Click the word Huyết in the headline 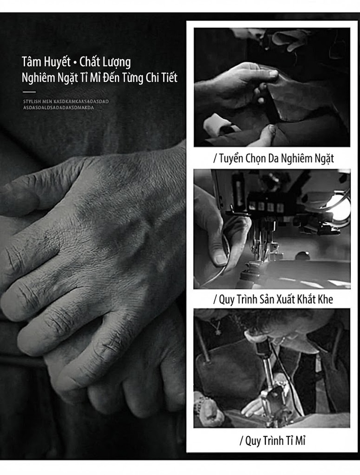pos(58,62)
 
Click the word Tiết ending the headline pos(170,77)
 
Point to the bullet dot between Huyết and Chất pos(75,63)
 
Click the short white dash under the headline pos(29,92)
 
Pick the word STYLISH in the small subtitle pos(32,102)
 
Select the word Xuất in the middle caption pos(286,299)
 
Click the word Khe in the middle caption pos(325,299)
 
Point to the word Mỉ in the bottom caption pos(300,440)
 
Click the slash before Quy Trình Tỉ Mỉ pos(241,441)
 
